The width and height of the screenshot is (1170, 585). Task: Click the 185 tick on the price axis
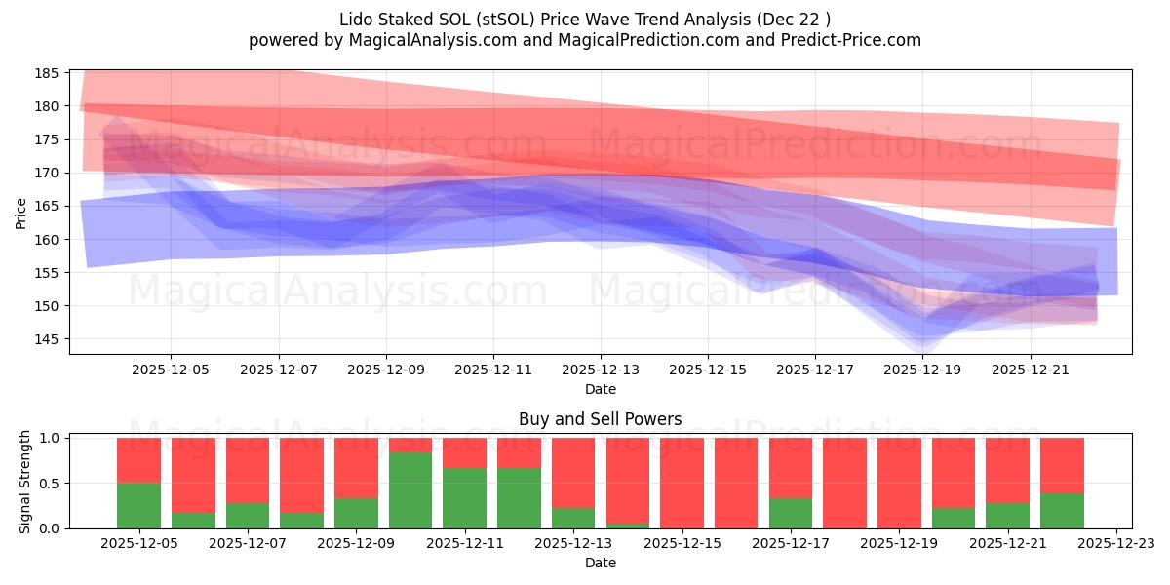(48, 73)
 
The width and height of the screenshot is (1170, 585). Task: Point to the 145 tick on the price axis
(48, 339)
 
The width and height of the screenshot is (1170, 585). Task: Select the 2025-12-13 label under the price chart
(601, 370)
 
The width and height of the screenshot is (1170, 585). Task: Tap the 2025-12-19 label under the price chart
(922, 370)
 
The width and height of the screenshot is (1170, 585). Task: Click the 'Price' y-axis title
(21, 212)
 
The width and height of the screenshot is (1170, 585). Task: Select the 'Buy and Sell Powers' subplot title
(601, 420)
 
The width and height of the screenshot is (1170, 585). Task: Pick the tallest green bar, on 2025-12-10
(410, 490)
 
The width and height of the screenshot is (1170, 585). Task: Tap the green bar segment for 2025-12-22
(1062, 511)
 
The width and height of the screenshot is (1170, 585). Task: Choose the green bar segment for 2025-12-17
(790, 513)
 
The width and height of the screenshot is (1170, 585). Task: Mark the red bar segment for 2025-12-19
(898, 483)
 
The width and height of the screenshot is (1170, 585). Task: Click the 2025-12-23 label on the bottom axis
(1114, 543)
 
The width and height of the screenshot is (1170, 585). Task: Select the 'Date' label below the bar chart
(601, 563)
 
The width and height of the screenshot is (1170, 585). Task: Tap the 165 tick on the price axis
(48, 206)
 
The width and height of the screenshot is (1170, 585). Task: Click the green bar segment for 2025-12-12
(519, 498)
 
